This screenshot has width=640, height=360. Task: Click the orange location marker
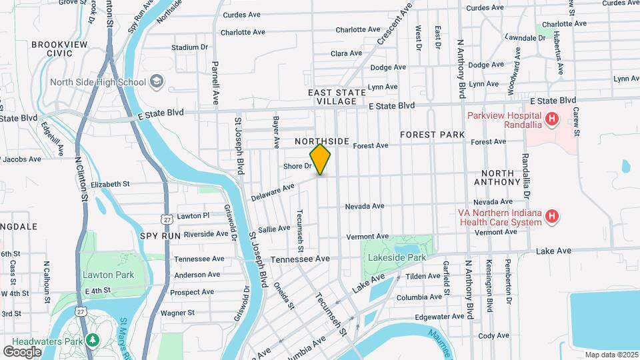tap(321, 159)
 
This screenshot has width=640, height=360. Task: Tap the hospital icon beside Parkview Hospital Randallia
tap(551, 120)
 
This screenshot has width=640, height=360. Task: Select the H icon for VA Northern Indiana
tap(551, 217)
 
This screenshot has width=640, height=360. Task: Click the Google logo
tap(22, 351)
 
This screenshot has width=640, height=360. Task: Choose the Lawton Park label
tap(109, 275)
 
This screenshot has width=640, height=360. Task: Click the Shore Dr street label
tap(297, 166)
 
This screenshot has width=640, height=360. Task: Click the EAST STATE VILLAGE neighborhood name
tap(337, 97)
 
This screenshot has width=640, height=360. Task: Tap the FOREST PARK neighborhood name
tap(432, 135)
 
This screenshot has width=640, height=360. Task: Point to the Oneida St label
tap(283, 295)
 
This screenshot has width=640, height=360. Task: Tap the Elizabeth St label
tap(110, 184)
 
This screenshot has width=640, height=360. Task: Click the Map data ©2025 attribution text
tap(611, 354)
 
